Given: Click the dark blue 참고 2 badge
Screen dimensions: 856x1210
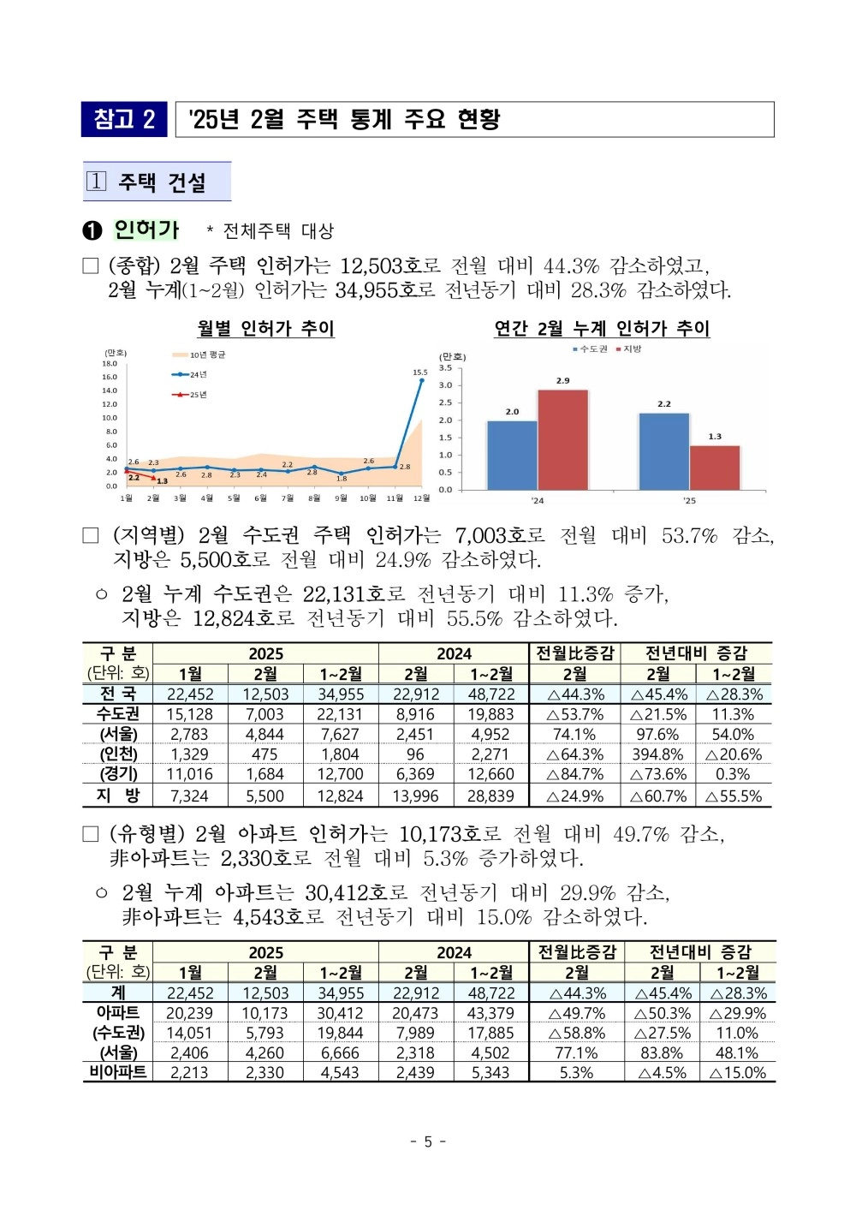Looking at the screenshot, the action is point(124,119).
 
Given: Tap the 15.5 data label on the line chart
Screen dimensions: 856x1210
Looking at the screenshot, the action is point(419,373).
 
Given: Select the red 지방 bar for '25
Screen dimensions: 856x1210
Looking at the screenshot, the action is point(715,468).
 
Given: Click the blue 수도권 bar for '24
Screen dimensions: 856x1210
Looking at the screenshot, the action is point(512,456).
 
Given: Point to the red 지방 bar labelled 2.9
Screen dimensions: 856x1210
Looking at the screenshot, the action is point(562,439).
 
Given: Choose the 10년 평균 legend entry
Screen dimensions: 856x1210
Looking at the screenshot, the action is point(199,355).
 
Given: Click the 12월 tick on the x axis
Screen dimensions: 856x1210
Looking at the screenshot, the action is point(422,498).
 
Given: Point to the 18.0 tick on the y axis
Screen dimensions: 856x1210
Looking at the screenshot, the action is point(110,364).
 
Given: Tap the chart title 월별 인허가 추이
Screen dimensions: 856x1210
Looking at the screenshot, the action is point(265,328).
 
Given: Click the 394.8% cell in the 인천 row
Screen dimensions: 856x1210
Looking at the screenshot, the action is point(657,754).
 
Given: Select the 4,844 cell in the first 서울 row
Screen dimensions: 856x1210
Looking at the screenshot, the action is point(265,734).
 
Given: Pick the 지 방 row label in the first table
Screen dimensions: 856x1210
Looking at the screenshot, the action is point(118,796).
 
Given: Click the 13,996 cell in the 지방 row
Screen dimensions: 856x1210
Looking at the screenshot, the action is point(415,796).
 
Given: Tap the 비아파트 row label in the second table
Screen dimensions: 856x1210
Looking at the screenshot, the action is point(118,1071).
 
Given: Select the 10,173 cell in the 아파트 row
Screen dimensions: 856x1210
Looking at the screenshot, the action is point(265,1013).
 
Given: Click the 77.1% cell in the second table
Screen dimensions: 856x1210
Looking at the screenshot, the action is point(576,1052).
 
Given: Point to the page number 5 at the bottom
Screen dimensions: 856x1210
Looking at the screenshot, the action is point(428,1141).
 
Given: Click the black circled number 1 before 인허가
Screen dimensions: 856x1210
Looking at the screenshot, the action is point(92,231).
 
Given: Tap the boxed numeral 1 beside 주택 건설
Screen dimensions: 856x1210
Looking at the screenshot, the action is point(96,182).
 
